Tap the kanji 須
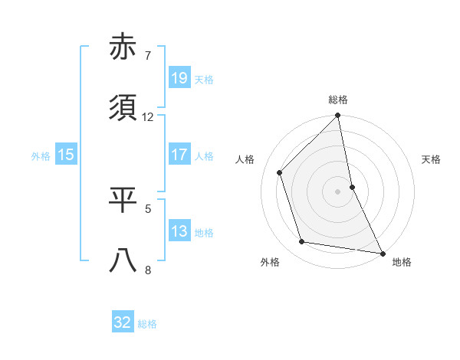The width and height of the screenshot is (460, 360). click(123, 108)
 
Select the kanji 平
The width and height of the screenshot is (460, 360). click(123, 199)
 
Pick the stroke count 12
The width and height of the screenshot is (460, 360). click(148, 116)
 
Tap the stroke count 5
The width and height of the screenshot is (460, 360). click(148, 208)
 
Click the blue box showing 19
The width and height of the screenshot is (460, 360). click(179, 77)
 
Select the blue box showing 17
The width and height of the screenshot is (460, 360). click(179, 155)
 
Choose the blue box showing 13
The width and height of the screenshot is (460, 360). click(179, 231)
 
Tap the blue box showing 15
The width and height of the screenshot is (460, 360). click(66, 155)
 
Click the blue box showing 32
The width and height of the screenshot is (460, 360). click(123, 322)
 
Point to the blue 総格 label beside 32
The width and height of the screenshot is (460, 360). click(147, 324)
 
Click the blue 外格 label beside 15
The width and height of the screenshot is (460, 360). click(41, 155)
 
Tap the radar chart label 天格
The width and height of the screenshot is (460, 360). click(432, 159)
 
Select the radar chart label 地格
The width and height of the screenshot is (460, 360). click(402, 262)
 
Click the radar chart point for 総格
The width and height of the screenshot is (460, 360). click(337, 116)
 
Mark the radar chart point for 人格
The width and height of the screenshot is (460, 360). click(280, 172)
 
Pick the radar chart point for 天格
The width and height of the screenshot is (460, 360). click(352, 186)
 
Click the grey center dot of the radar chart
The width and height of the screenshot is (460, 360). click(337, 191)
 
